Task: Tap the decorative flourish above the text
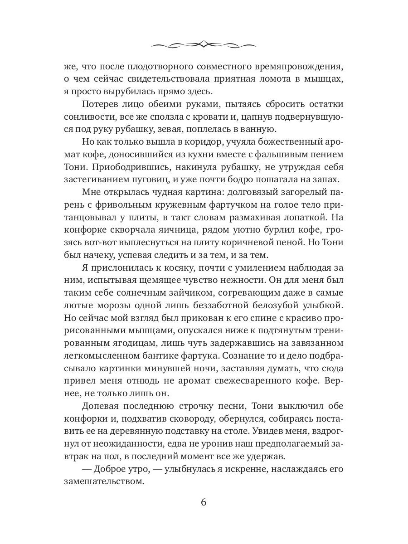204,44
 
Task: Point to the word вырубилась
135,91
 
